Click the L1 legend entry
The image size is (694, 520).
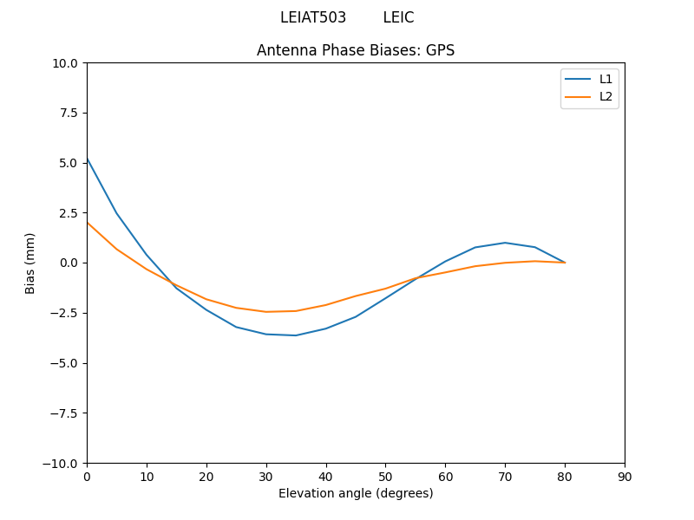click(606, 79)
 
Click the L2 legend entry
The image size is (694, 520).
click(606, 96)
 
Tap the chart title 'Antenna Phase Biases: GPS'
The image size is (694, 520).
click(356, 50)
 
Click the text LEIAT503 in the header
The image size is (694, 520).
click(313, 17)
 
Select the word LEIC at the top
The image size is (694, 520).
click(398, 17)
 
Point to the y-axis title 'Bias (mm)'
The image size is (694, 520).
click(30, 263)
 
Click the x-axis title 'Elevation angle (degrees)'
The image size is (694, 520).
click(356, 493)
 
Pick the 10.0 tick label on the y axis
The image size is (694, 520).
click(65, 63)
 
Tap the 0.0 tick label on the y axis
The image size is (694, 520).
click(69, 263)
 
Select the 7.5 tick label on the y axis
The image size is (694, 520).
click(69, 113)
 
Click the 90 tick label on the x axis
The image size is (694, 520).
click(625, 477)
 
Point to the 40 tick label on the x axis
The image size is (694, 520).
click(326, 477)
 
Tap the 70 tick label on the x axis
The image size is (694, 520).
click(505, 477)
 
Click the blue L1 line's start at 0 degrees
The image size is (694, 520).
click(88, 159)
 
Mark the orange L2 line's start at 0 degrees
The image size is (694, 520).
click(88, 223)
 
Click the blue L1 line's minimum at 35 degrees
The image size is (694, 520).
click(296, 335)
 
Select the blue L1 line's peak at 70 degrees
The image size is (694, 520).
click(505, 243)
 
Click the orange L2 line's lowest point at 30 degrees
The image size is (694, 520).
click(266, 312)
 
